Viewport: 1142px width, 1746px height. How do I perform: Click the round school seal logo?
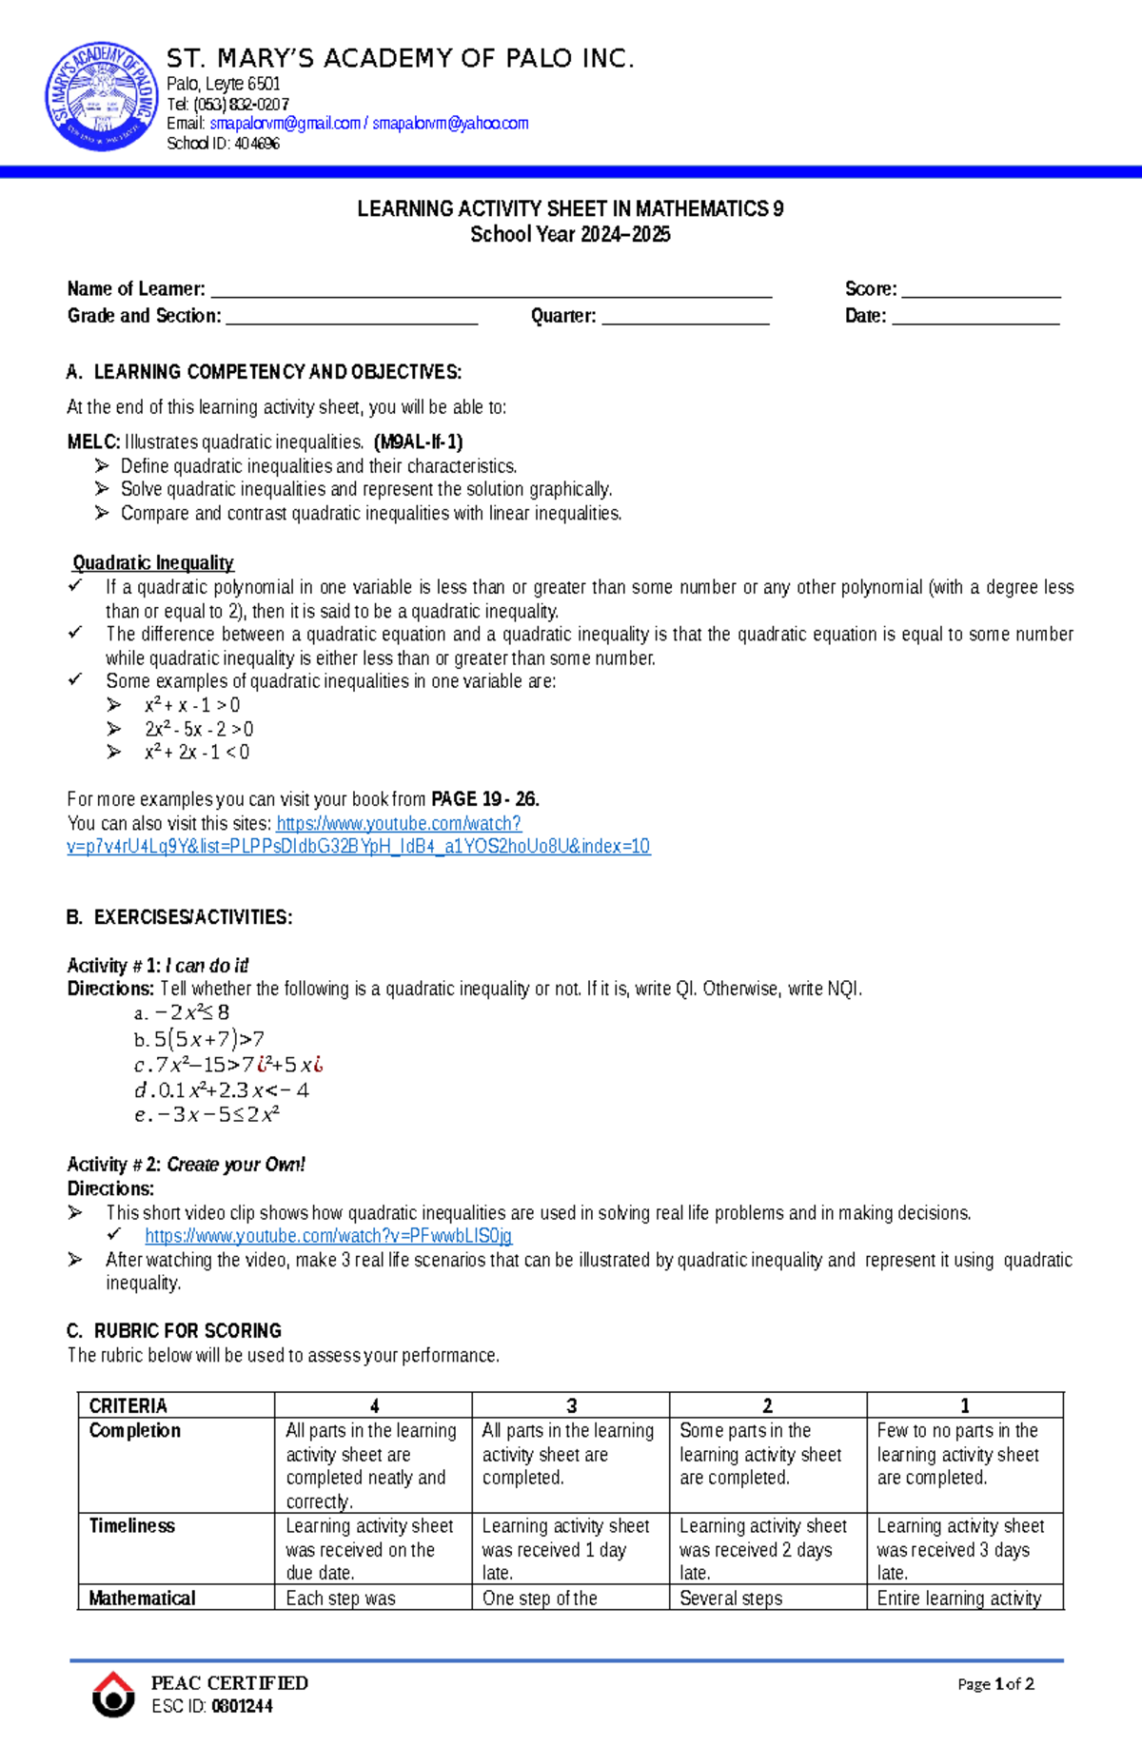pos(102,96)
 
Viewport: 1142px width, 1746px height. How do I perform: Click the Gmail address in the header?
pos(285,124)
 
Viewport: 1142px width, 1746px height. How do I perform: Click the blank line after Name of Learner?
pos(490,290)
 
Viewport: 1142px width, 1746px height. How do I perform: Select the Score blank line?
pos(980,290)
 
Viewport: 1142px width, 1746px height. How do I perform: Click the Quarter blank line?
pos(685,318)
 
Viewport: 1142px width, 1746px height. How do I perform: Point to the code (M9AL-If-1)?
pos(418,441)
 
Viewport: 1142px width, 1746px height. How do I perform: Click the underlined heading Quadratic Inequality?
pos(153,563)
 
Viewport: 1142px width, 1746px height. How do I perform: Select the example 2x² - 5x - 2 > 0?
pos(199,729)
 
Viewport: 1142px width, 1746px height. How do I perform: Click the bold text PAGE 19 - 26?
pos(484,799)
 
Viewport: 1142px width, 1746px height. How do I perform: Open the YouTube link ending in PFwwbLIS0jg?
pos(328,1236)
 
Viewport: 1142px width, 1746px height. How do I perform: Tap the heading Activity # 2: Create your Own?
pos(187,1165)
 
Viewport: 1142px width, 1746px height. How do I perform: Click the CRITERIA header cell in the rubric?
pos(128,1405)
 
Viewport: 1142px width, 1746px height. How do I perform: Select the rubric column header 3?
pos(571,1405)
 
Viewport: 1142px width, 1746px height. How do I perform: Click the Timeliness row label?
pos(132,1525)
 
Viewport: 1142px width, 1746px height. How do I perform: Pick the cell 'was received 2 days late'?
pos(761,1549)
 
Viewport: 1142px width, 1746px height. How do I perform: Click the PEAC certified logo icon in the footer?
pos(113,1694)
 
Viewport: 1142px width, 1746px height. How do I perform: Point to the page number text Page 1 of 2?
pos(995,1684)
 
